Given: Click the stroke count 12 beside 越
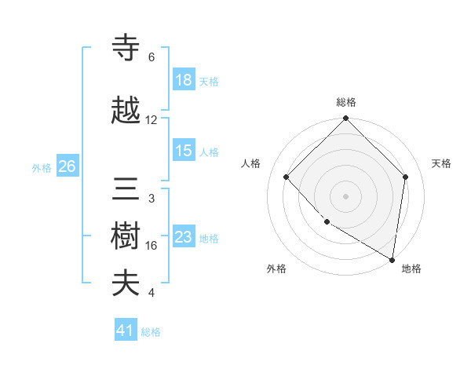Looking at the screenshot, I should pos(152,120).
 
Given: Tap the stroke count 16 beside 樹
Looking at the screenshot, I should pos(152,246).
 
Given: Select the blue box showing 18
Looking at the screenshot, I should pos(184,81).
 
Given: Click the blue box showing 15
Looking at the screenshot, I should pos(184,152).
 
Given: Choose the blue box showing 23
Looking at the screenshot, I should pos(184,237).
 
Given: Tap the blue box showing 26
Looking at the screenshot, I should pos(67,166).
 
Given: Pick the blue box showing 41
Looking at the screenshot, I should pos(125,331).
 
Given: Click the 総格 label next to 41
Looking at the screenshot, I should pos(151,332).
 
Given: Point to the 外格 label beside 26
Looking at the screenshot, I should pos(42,167).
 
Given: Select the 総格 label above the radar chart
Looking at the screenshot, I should pos(346,102).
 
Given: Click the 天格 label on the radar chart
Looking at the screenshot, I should pos(441,163).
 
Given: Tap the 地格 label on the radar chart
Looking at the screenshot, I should pos(411,269).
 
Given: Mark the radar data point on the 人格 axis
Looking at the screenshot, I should pos(287,177).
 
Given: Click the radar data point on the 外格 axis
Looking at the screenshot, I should pos(327,222).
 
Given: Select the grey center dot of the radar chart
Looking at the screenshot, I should pos(346,195).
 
